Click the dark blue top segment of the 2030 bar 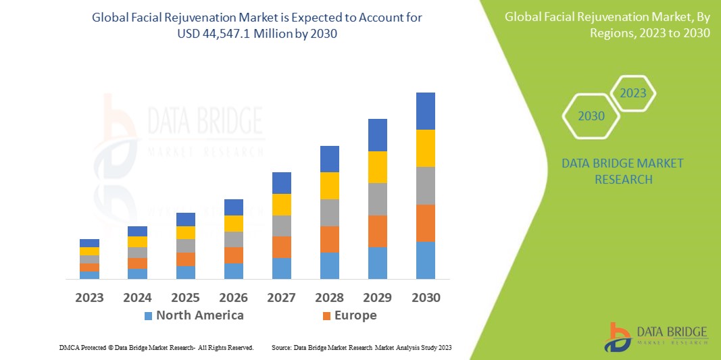pos(425,111)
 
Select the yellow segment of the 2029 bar pos(377,167)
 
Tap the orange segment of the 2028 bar pos(329,239)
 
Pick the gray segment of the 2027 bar pos(282,226)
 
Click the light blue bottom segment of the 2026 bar pos(234,271)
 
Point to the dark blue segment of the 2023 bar pos(89,243)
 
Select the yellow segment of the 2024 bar pos(137,242)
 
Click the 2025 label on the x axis pos(185,297)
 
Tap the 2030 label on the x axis pos(425,297)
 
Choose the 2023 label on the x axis pos(89,297)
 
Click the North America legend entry pos(199,315)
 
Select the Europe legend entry pos(355,315)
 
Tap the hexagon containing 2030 pos(591,116)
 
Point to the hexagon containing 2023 pos(633,93)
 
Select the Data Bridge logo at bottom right pos(655,336)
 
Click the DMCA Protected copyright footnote pos(156,347)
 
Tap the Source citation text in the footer pos(362,347)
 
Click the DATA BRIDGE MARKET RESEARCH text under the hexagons pos(622,172)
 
